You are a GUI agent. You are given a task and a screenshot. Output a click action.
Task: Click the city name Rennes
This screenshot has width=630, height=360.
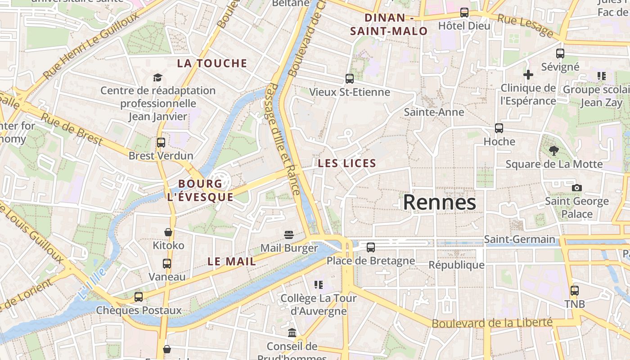point(439,202)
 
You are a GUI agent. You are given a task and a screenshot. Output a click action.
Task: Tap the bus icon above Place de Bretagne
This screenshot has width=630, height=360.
point(370,247)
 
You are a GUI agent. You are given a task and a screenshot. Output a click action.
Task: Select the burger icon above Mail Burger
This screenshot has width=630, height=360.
point(288,235)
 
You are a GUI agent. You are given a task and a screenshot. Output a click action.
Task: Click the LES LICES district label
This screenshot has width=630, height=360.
point(346,163)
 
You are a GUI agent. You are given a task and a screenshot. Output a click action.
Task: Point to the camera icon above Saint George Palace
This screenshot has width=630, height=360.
point(576,188)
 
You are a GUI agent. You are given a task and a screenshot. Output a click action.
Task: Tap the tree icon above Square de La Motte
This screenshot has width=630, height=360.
point(553,151)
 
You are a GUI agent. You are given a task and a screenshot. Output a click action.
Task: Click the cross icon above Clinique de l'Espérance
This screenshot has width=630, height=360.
point(528,74)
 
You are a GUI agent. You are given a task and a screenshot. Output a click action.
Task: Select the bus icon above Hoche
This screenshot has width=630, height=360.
point(499,128)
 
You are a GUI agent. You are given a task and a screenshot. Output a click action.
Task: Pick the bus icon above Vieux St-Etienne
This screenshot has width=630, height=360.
point(349,79)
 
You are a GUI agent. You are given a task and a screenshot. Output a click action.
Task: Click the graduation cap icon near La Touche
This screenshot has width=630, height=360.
point(157,77)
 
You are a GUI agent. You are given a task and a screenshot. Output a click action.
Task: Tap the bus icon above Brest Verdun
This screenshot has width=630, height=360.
point(161,143)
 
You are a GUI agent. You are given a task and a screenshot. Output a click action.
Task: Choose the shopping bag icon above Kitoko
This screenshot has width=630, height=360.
point(168,232)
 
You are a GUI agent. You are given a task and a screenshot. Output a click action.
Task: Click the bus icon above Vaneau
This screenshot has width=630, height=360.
point(166,263)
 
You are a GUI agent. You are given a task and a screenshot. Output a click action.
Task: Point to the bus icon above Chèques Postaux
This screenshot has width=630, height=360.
point(138,297)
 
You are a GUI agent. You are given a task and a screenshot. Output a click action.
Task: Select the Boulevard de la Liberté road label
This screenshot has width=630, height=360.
point(492,323)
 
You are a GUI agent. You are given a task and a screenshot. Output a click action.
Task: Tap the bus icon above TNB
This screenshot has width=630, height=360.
point(574,291)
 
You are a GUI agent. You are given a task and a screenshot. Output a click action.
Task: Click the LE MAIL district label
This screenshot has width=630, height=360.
point(232,261)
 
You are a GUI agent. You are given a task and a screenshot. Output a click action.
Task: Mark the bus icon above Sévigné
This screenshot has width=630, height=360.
point(560,54)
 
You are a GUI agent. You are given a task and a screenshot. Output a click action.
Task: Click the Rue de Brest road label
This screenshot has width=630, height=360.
point(72,130)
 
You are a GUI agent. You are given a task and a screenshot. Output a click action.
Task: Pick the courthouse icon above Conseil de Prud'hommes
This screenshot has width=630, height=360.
point(292,333)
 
